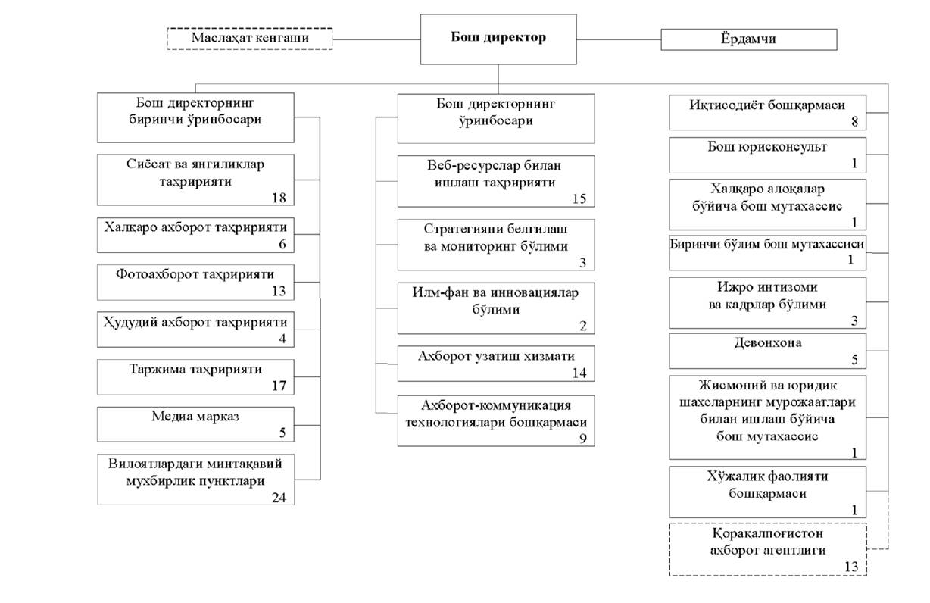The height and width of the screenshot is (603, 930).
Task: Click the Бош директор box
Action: [x=498, y=39]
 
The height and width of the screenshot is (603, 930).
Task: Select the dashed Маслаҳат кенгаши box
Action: [x=250, y=39]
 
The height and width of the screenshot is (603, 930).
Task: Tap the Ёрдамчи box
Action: [x=748, y=39]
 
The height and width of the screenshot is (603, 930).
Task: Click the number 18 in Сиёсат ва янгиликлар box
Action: [x=279, y=198]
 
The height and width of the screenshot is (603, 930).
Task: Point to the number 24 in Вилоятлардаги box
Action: [x=279, y=498]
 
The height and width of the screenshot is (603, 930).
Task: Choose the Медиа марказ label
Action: [x=195, y=416]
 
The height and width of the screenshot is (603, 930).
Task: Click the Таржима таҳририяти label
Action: [x=195, y=369]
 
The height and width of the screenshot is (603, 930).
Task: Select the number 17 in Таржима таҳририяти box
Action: [x=279, y=386]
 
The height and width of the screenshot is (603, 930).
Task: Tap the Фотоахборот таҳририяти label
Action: [x=195, y=274]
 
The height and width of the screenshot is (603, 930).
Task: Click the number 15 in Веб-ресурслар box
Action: [x=579, y=199]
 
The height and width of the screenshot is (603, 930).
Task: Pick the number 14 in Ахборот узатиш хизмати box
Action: [x=579, y=373]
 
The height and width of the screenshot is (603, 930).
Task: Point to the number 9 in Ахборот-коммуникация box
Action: [x=583, y=439]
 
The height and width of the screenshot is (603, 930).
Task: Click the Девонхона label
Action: [x=768, y=342]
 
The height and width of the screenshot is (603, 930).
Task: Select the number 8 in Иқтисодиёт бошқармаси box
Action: [x=854, y=121]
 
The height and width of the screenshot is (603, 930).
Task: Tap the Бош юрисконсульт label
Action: [x=767, y=147]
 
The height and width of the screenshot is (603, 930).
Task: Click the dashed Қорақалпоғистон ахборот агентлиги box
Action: [x=768, y=549]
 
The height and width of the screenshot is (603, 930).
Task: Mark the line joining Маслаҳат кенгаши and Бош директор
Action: [x=376, y=40]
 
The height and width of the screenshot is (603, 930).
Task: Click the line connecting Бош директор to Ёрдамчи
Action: [x=619, y=40]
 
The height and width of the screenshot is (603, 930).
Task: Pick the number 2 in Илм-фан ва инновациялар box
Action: [x=583, y=326]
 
